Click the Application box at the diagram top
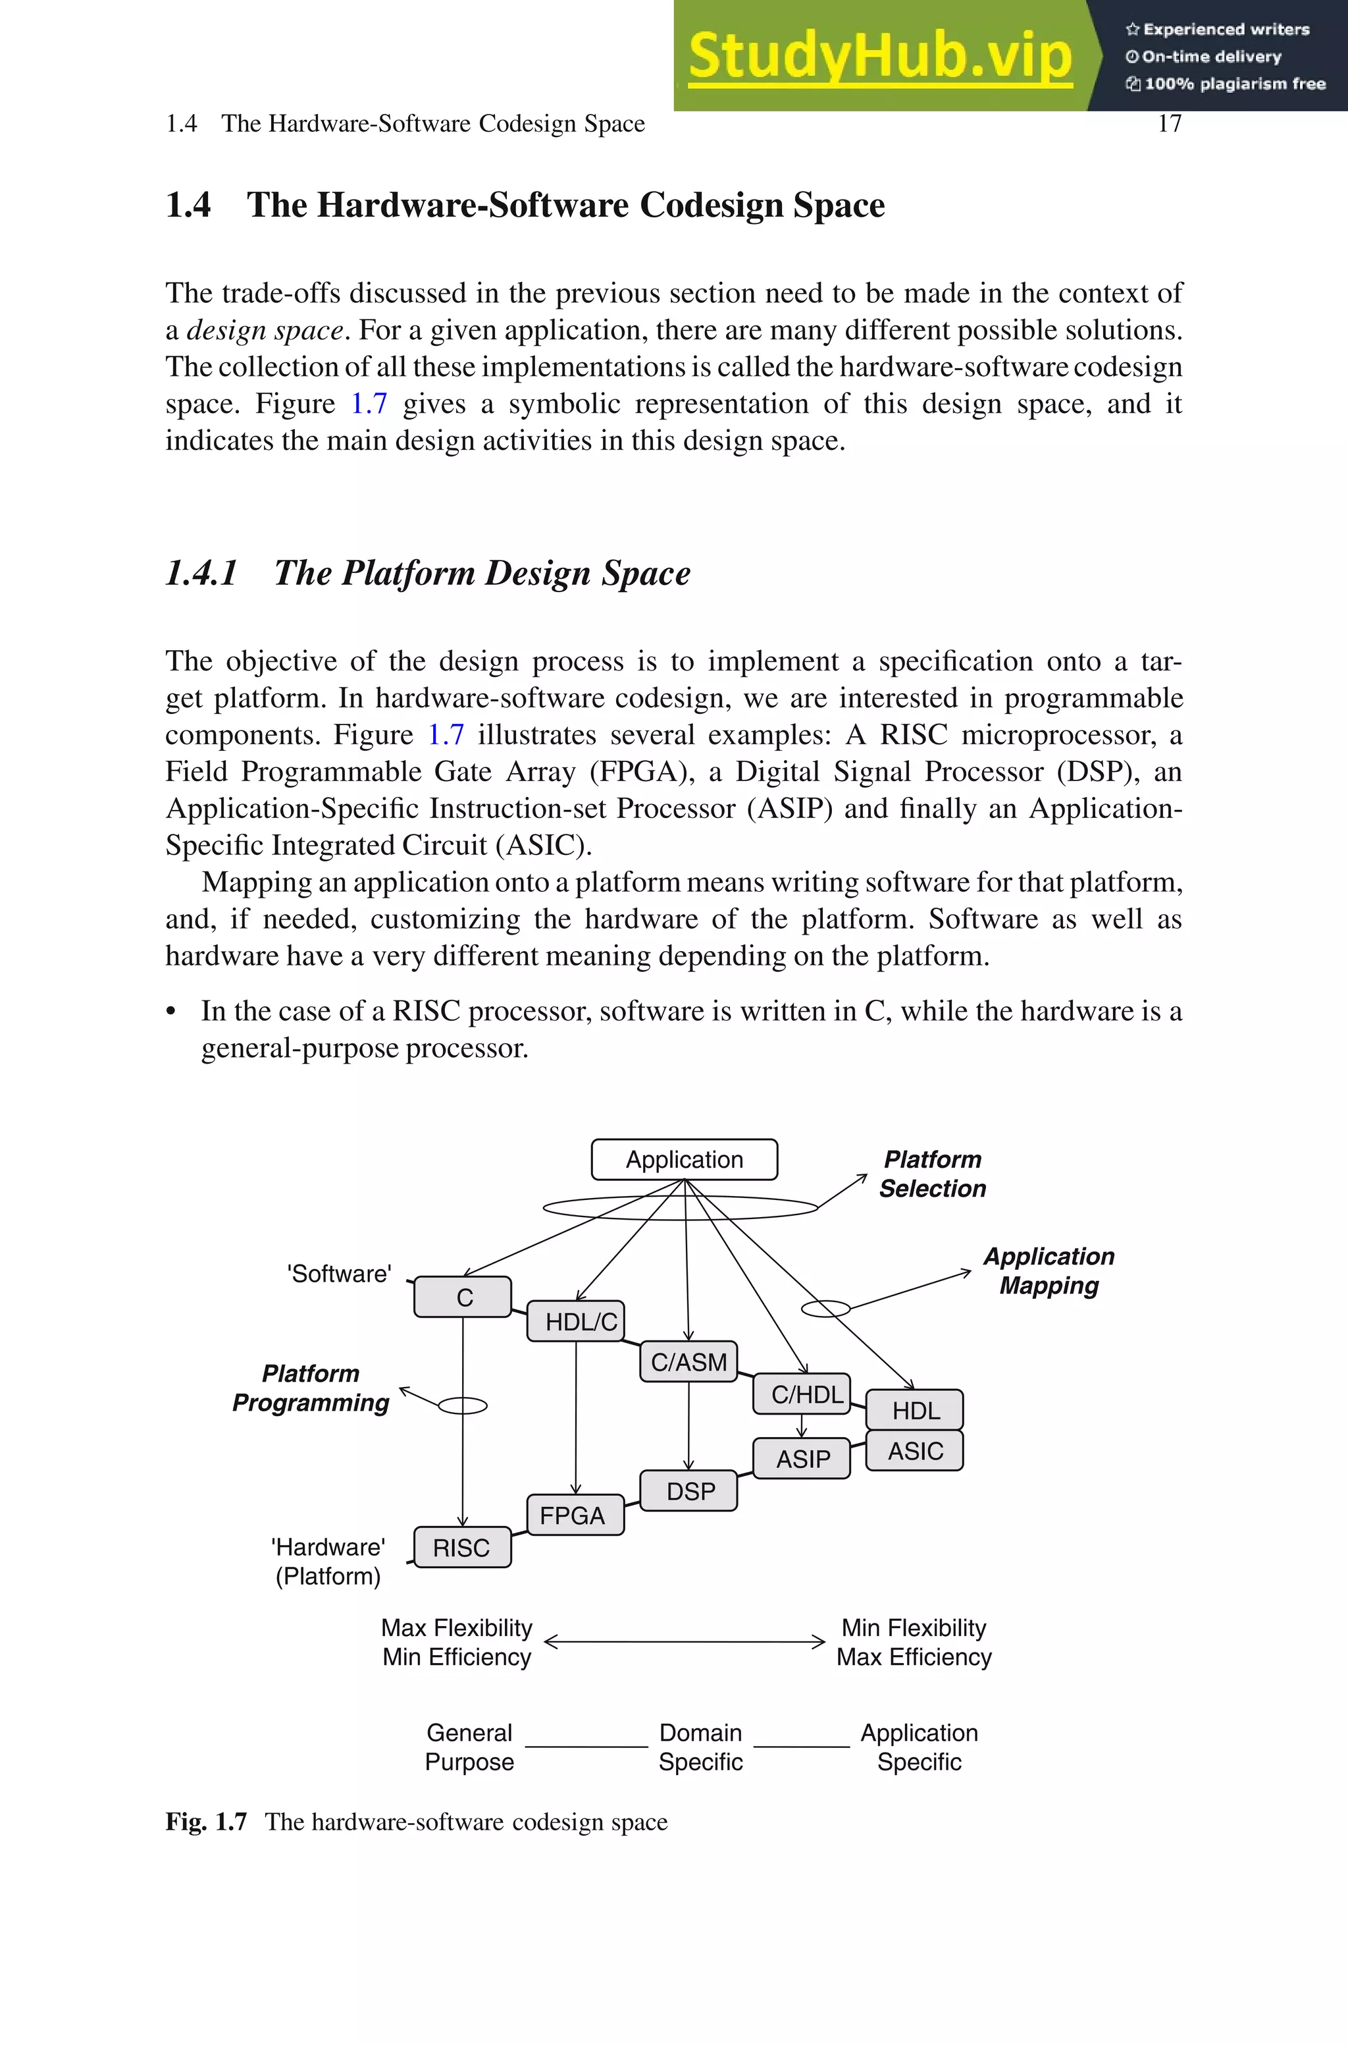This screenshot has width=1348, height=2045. point(685,1159)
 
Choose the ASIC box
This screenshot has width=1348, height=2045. point(915,1451)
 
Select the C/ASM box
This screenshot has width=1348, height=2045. point(688,1361)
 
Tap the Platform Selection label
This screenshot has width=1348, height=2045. point(932,1174)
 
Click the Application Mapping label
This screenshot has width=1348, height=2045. point(1048,1271)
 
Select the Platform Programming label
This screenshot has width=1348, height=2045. point(311,1388)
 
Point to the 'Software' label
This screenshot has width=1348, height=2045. point(339,1274)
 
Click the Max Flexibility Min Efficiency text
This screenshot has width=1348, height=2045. point(457,1642)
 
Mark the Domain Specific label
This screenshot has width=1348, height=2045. point(700,1747)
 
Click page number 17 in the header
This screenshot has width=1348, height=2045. point(1169,124)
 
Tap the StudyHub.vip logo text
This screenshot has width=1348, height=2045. point(879,56)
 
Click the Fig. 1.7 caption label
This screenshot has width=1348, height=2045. point(206,1822)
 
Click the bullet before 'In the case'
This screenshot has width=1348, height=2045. point(171,1012)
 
